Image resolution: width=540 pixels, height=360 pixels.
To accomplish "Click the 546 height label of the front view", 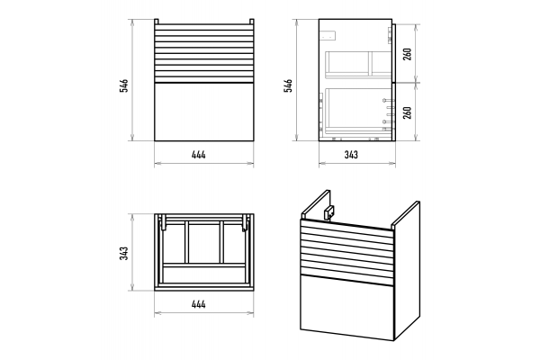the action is point(124,85).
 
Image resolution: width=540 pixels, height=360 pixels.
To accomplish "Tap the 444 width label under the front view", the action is point(199,155).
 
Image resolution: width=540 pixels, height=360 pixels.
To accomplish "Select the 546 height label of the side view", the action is point(288,85).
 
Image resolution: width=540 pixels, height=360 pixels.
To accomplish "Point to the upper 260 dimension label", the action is point(407,54).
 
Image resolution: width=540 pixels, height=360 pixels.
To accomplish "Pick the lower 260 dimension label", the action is point(407,112).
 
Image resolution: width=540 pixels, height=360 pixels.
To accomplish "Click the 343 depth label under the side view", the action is point(351,155).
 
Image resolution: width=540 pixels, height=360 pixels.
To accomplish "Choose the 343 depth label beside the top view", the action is point(124,253).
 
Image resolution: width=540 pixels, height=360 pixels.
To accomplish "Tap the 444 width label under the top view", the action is point(199,304).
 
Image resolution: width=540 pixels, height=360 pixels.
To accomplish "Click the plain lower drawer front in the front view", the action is point(204,112).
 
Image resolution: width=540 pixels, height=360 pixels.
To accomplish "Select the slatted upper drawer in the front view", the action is point(204,54).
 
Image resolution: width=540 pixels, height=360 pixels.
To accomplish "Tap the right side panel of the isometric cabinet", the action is point(407,270).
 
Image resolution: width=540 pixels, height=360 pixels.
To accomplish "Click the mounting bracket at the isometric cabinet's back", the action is point(329,211).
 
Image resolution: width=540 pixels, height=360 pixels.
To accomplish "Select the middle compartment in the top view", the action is point(204,242).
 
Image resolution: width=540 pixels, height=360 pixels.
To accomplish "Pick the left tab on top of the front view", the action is point(157,22).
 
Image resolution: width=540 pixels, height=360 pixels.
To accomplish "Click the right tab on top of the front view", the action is point(252,22).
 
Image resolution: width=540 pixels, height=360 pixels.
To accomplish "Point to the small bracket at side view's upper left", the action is point(328,35).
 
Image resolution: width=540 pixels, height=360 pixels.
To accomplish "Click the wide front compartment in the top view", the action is point(204,274).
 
